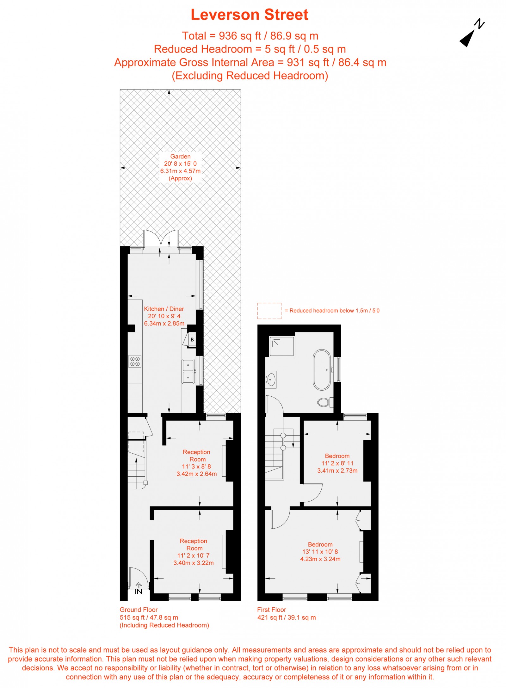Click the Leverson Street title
pyautogui.click(x=249, y=15)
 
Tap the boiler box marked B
pyautogui.click(x=192, y=340)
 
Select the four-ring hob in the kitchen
pyautogui.click(x=135, y=361)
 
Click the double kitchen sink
pyautogui.click(x=188, y=371)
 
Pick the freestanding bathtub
pyautogui.click(x=322, y=369)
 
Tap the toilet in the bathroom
pyautogui.click(x=324, y=402)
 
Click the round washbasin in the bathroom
pyautogui.click(x=271, y=379)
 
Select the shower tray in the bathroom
pyautogui.click(x=282, y=346)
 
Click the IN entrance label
pyautogui.click(x=138, y=591)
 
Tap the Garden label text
pyautogui.click(x=180, y=156)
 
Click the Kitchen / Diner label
pyautogui.click(x=164, y=309)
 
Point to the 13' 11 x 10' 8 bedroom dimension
pyautogui.click(x=320, y=552)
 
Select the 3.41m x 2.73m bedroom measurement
pyautogui.click(x=337, y=470)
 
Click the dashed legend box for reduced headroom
pyautogui.click(x=269, y=311)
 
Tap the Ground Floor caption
pyautogui.click(x=139, y=610)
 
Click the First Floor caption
pyautogui.click(x=271, y=610)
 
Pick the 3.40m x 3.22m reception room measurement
pyautogui.click(x=194, y=563)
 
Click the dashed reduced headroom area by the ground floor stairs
pyautogui.click(x=136, y=442)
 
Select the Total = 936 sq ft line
pyautogui.click(x=250, y=36)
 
